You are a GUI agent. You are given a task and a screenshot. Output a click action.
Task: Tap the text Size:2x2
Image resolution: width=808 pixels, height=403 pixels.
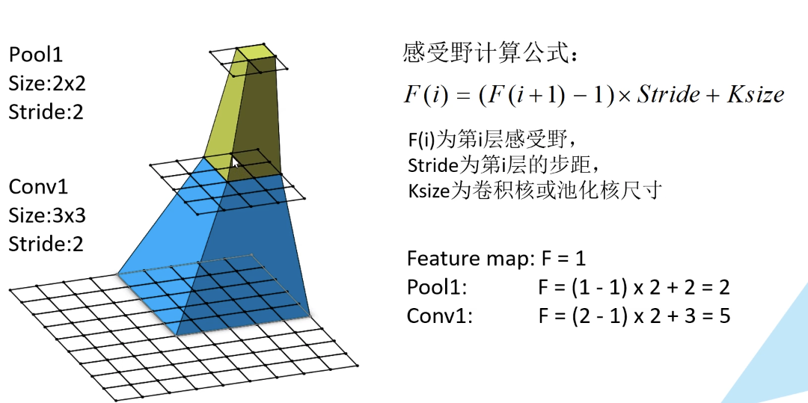click(x=47, y=83)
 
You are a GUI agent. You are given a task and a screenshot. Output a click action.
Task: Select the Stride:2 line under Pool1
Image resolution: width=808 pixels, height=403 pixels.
click(x=46, y=112)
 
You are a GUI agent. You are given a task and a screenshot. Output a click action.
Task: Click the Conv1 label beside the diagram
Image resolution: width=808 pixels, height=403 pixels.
click(x=38, y=186)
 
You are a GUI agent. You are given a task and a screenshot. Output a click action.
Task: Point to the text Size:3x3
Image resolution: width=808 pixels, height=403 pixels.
click(x=47, y=215)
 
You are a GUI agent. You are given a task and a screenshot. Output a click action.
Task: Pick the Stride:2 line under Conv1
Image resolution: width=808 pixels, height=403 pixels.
click(x=46, y=244)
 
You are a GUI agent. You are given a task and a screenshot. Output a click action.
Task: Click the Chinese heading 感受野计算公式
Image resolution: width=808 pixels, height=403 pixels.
click(x=489, y=54)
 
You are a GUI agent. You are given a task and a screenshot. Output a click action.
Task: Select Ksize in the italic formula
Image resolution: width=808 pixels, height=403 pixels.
click(x=755, y=95)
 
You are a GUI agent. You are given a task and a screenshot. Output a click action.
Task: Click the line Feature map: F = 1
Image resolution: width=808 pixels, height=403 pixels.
click(x=496, y=259)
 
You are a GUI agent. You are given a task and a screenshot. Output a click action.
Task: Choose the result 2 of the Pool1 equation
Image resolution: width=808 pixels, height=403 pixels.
click(x=723, y=287)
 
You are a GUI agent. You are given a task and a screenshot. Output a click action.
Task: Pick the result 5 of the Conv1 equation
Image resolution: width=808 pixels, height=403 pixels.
click(x=723, y=316)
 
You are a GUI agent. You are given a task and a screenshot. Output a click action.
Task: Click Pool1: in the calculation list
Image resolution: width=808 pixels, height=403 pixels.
click(x=437, y=287)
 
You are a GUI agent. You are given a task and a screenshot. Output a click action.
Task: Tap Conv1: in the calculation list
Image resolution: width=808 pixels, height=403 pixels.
click(x=440, y=316)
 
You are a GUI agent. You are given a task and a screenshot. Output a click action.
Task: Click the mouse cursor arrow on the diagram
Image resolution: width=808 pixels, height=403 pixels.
click(x=236, y=161)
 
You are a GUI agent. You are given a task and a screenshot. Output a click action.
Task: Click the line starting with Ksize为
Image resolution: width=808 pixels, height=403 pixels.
click(x=534, y=189)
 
